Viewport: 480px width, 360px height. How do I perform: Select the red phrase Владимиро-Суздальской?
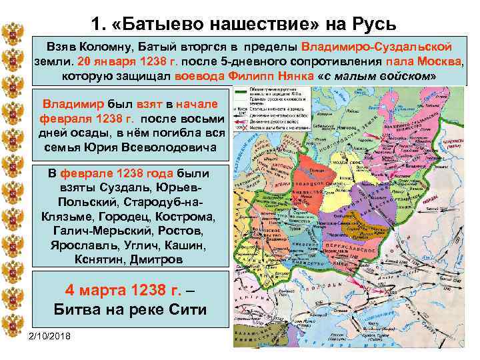click(377, 48)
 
